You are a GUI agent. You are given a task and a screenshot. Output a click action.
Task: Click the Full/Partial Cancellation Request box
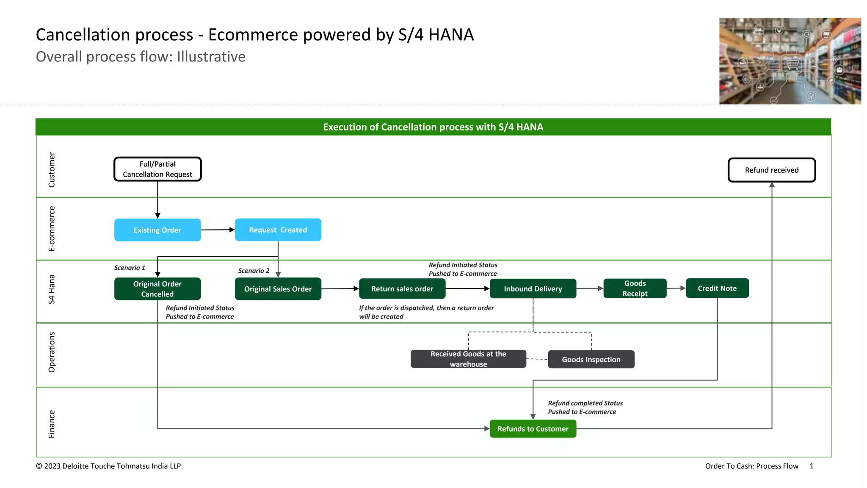coord(157,169)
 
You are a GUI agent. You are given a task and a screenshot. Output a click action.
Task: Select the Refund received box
coord(771,170)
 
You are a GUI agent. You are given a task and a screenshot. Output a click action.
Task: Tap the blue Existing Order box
coord(157,230)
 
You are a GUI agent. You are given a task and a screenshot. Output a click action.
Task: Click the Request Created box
coord(278,230)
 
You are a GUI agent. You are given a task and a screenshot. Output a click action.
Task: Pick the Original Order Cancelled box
coord(157,289)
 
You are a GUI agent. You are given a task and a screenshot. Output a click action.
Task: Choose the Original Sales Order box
coord(278,289)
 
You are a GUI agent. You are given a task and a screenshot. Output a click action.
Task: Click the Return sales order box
coord(402,289)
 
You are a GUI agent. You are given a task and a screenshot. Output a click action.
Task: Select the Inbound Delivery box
coord(533,289)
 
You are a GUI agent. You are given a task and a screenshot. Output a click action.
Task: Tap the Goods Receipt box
coord(635,288)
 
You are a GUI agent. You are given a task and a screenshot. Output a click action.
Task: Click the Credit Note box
coord(717,288)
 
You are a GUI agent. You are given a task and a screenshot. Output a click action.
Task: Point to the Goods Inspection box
coord(591,359)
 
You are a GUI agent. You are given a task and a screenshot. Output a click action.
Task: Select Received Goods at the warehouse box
coord(468,359)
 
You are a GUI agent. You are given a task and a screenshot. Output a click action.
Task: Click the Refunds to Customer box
coord(533,429)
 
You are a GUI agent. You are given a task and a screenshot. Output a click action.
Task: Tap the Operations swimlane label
coord(52,352)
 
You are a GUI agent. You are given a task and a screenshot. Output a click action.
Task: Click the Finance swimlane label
coord(52,424)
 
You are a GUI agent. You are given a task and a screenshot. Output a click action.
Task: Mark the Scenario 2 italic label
coord(254,271)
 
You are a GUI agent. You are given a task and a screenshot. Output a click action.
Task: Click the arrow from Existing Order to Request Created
coord(218,230)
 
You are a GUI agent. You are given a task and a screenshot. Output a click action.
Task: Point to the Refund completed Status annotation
coord(585,407)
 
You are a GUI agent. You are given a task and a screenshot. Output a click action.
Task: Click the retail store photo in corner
coord(790,61)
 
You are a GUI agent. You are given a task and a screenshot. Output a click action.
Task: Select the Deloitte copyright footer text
coord(109,466)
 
